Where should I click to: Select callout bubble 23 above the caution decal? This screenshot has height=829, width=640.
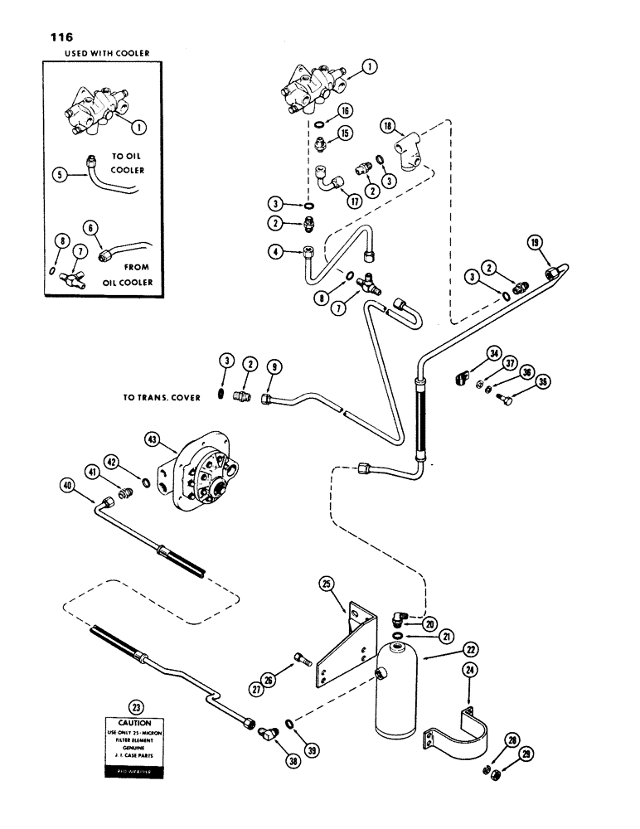tap(135, 707)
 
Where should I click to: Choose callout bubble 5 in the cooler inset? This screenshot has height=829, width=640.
tap(59, 176)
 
